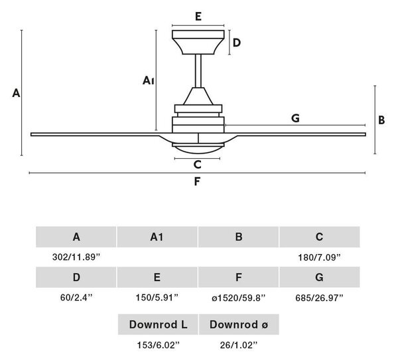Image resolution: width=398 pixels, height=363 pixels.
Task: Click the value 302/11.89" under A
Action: coord(76,257)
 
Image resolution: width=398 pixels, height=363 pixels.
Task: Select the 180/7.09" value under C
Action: coord(319,257)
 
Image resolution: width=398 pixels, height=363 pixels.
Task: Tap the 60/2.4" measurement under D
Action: coord(76,297)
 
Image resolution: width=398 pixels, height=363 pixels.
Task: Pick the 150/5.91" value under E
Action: coord(157,297)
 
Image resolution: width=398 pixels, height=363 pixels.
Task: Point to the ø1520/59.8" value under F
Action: coord(239,297)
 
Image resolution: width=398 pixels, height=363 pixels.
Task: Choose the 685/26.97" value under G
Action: coord(319,297)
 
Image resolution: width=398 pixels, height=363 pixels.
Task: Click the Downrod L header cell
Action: coord(158,324)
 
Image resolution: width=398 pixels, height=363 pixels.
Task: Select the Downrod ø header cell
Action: coord(239,324)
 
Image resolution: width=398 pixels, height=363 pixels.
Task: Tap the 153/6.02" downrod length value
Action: coord(158,345)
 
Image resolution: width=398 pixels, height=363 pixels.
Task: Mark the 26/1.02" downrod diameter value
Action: coord(239,345)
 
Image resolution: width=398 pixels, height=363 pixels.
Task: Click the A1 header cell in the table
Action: coord(157,237)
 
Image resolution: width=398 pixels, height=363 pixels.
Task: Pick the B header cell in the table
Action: coord(238,237)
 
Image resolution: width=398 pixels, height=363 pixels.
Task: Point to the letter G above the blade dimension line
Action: coord(295,118)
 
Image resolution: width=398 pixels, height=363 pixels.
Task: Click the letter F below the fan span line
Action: coord(197,181)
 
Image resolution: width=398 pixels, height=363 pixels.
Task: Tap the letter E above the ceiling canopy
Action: coord(198,17)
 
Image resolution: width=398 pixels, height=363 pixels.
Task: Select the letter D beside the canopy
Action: coord(237,43)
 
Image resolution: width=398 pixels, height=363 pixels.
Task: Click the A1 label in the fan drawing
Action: coord(148,80)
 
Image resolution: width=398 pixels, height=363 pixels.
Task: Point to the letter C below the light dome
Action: coord(197,165)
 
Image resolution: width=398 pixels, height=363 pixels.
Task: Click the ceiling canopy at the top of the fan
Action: coord(198,43)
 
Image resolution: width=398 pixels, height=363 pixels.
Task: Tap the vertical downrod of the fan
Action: coord(198,71)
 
